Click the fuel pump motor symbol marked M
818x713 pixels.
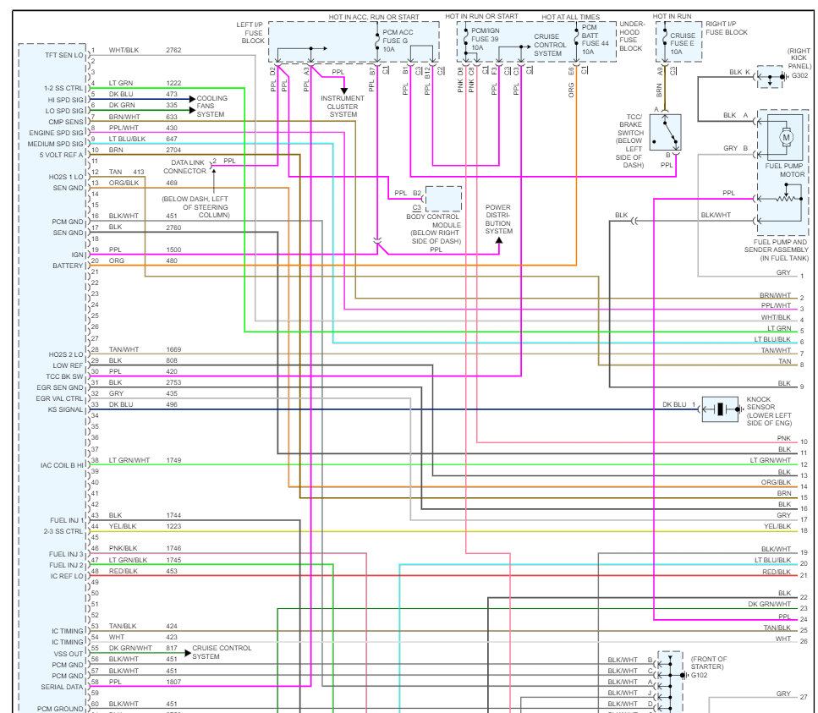tap(785, 136)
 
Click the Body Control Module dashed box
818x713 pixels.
tap(443, 199)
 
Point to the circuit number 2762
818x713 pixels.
tap(173, 51)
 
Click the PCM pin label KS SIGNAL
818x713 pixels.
tap(65, 409)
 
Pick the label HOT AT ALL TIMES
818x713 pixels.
tap(572, 16)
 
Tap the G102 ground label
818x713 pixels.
tap(700, 675)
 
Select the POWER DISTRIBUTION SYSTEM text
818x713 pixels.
tap(497, 219)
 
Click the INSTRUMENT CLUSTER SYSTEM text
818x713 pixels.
tap(343, 106)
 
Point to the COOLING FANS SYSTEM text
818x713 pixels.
tap(211, 106)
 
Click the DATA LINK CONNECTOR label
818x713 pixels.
tap(189, 167)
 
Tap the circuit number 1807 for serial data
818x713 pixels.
tap(173, 682)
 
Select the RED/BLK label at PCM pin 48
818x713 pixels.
tap(124, 571)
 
